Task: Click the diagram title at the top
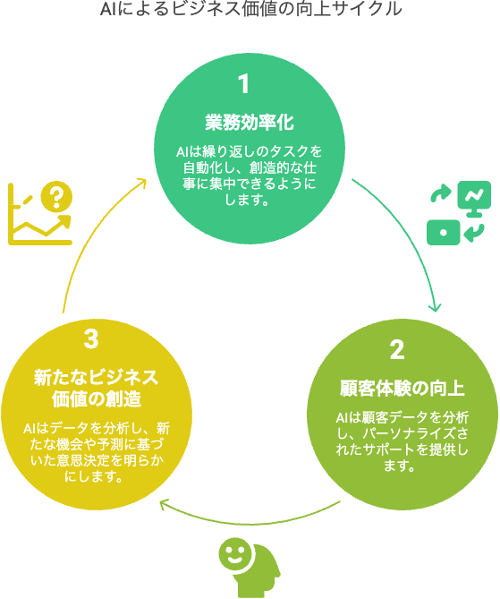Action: (x=250, y=9)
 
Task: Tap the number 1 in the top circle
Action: (x=243, y=83)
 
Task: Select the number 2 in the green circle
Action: (x=397, y=349)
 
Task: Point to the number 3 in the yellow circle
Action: (x=91, y=338)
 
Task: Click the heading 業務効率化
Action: (x=250, y=123)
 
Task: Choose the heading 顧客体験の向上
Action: (x=403, y=388)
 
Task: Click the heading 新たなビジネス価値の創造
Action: (x=97, y=388)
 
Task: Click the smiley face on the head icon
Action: (x=235, y=554)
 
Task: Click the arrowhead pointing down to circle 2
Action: (x=435, y=307)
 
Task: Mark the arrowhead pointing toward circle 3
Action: (x=164, y=504)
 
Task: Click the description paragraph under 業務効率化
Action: (x=250, y=175)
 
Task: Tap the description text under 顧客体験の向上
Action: (x=403, y=441)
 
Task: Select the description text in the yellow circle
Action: (x=97, y=452)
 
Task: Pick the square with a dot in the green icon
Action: (x=443, y=232)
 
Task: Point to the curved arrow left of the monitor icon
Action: (x=441, y=193)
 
